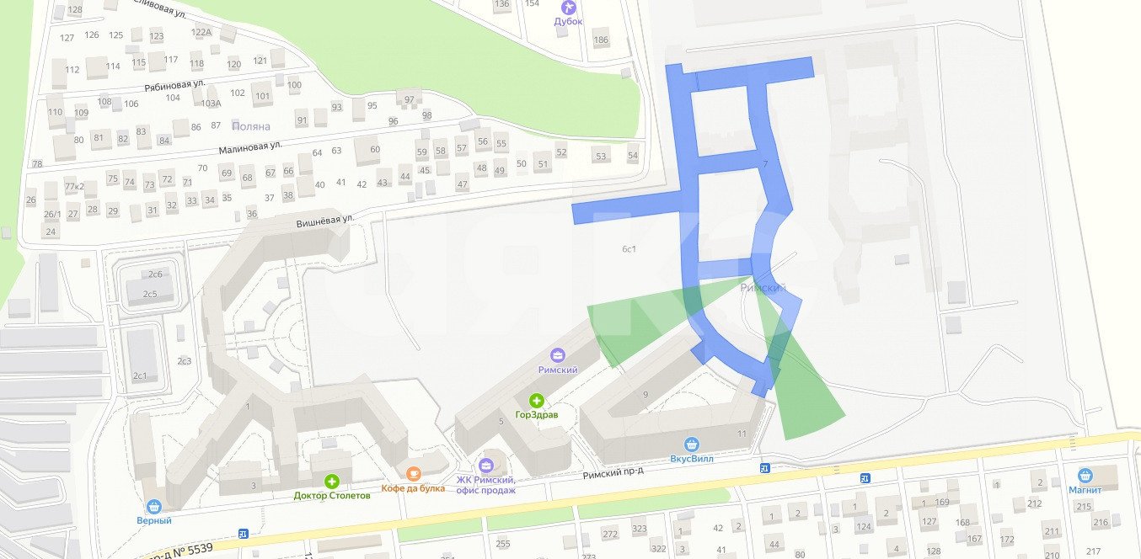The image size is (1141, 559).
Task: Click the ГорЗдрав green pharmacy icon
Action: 537,400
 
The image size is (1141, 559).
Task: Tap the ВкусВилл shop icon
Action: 692,445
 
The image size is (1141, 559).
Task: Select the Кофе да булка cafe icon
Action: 413,474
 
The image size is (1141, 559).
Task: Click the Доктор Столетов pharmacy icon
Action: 332,482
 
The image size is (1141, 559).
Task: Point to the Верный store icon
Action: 153,506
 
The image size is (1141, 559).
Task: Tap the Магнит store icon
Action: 1085,476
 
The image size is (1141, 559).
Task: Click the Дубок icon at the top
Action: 568,7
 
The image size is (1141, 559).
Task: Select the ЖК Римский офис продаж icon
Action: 485,466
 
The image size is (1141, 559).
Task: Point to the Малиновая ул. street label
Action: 249,148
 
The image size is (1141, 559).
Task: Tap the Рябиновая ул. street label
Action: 175,84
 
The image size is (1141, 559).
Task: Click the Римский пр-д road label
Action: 613,474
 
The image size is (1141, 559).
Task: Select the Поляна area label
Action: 251,126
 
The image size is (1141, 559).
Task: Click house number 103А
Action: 211,104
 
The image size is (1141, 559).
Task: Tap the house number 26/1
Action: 52,214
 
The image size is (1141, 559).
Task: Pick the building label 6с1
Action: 629,248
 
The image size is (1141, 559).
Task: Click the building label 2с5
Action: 150,294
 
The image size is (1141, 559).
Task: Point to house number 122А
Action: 201,32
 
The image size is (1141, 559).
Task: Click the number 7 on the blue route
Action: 765,162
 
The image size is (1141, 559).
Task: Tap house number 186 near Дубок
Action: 601,40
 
